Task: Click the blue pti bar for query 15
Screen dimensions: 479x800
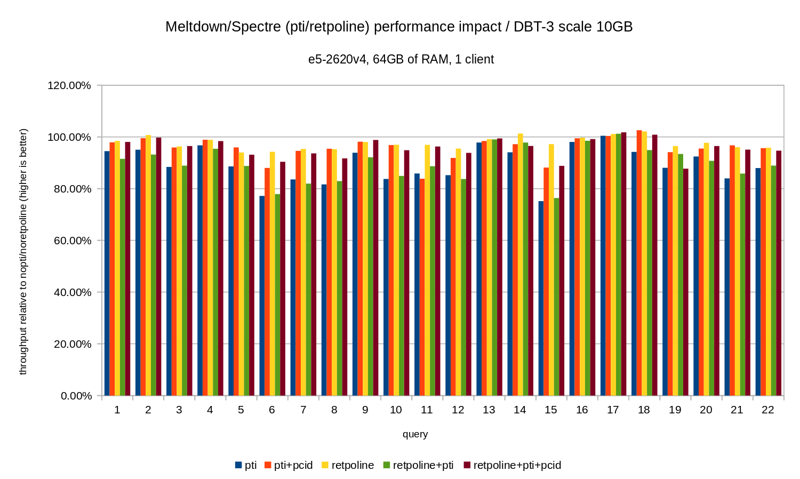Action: point(541,299)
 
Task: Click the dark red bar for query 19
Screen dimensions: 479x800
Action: point(686,282)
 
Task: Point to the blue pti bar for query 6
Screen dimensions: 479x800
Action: point(262,296)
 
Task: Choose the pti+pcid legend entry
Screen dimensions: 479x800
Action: point(293,465)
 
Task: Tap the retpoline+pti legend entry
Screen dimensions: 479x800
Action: point(422,465)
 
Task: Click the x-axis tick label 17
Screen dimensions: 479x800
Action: point(613,410)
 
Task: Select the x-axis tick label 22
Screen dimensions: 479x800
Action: point(767,410)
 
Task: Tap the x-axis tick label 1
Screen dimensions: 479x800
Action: point(117,410)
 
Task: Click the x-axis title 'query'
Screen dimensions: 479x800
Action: point(415,434)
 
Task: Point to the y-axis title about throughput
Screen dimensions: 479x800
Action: point(23,251)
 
